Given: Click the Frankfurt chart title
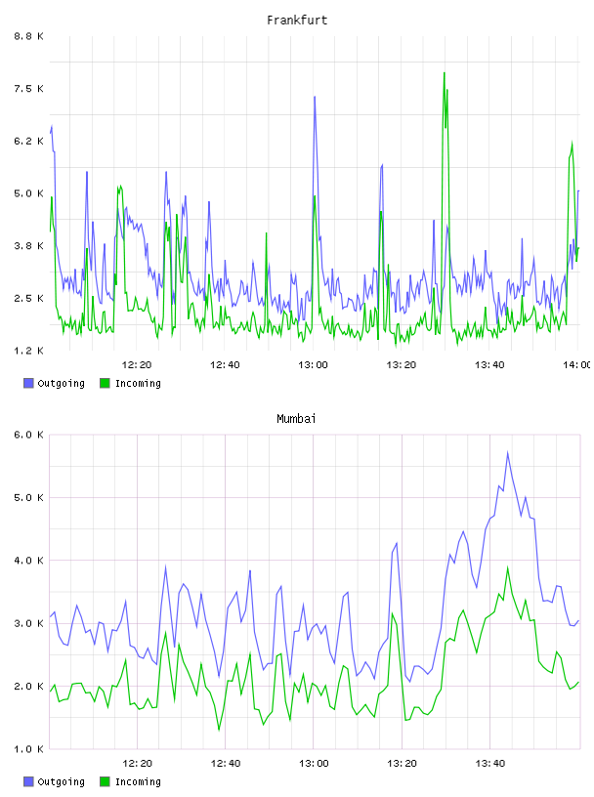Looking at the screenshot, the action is [x=297, y=21].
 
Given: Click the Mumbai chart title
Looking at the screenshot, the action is [x=296, y=419].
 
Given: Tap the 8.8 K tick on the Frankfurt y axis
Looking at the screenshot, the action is [x=29, y=36].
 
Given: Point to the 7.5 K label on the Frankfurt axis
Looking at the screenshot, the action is [x=29, y=89].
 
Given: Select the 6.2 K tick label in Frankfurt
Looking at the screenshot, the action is [x=29, y=141].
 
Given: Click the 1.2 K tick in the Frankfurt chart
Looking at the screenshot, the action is [x=29, y=351].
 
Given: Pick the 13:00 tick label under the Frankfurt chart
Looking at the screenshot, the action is [x=314, y=364].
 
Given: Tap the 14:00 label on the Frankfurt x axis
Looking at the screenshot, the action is [x=576, y=364].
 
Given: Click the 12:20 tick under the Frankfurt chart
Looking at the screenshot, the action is [x=137, y=364].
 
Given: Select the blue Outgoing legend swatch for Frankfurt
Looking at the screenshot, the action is [x=28, y=383].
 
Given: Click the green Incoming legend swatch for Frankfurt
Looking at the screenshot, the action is [x=105, y=383].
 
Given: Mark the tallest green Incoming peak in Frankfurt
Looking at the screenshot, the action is [x=444, y=72].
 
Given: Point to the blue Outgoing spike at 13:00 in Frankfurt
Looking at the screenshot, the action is [x=315, y=97].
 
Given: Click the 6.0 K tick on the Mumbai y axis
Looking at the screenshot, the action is [x=29, y=435].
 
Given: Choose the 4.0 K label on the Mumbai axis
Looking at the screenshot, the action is [x=29, y=560].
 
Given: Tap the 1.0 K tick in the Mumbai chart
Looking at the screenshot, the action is [x=29, y=749].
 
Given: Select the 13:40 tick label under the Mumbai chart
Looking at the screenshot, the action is [x=490, y=763].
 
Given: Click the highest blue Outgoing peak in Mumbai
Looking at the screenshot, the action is [x=507, y=452].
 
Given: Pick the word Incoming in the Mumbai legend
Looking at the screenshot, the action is [x=138, y=781].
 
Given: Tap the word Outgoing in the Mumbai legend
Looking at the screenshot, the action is [x=61, y=781].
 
